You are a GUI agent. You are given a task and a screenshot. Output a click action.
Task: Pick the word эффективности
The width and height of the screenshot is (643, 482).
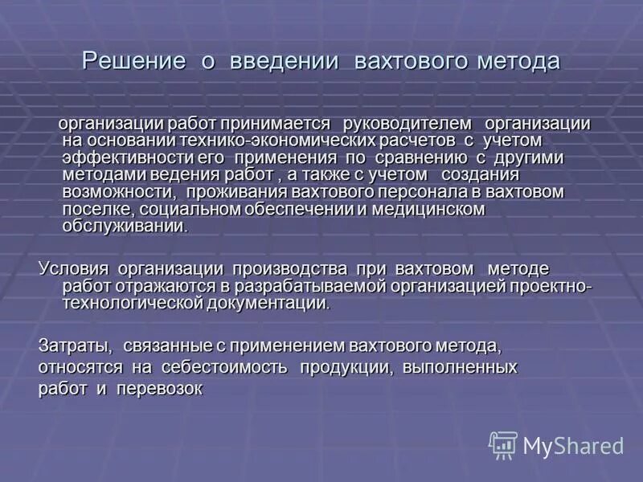pyautogui.click(x=117, y=157)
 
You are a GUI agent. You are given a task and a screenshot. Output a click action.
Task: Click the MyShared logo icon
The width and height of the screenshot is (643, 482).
pyautogui.click(x=503, y=444)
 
